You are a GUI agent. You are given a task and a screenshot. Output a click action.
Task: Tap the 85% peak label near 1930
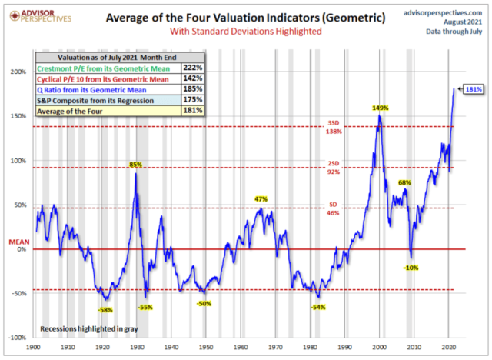[x=135, y=165]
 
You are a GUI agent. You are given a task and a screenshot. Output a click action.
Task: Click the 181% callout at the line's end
[x=473, y=90]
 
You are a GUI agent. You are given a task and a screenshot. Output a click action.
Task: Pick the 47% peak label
[x=261, y=198]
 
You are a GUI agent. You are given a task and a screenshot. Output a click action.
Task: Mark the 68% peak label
[x=404, y=182]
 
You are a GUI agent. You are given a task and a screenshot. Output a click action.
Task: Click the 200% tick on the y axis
[x=18, y=72]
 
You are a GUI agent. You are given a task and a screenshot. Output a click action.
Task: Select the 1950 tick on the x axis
[x=204, y=347]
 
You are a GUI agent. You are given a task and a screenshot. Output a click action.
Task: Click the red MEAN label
[x=17, y=241]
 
